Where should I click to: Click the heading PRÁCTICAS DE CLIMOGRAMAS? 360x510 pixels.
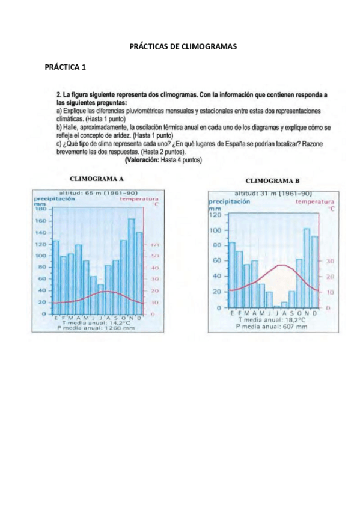pos(183,46)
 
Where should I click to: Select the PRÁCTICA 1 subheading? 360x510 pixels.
pos(66,67)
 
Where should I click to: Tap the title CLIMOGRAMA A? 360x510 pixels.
pos(97,179)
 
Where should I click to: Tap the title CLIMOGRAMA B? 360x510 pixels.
pos(272,180)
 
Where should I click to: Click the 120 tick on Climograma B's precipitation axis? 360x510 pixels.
pos(216,215)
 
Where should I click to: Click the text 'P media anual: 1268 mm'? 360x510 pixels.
pos(96,328)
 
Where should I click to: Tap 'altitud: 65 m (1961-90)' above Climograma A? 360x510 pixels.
pos(98,192)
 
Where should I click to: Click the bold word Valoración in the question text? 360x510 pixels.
pos(142,161)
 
